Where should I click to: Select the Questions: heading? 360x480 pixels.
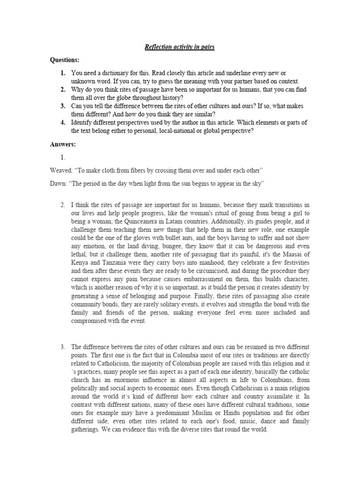[x=65, y=60]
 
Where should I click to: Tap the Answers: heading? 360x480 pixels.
[x=63, y=144]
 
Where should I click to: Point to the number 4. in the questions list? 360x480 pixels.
[x=62, y=122]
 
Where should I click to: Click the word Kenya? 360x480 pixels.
[x=80, y=271]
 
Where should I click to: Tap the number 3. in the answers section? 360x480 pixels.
[x=62, y=346]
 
